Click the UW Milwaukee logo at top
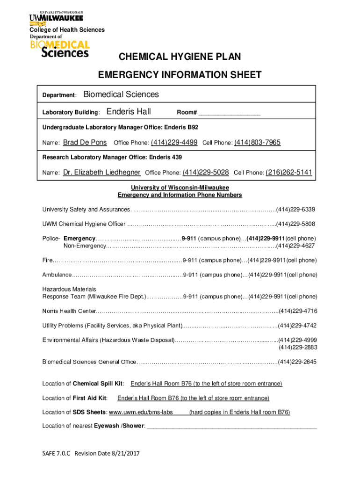pyautogui.click(x=56, y=16)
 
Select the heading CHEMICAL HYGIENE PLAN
pyautogui.click(x=180, y=57)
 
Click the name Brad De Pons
pyautogui.click(x=85, y=142)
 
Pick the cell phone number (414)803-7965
pyautogui.click(x=257, y=142)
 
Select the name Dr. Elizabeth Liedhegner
pyautogui.click(x=101, y=172)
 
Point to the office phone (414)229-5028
pyautogui.click(x=205, y=172)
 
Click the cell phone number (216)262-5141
pyautogui.click(x=288, y=172)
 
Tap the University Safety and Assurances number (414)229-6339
pyautogui.click(x=296, y=209)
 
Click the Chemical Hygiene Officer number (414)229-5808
pyautogui.click(x=296, y=224)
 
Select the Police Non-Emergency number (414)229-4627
pyautogui.click(x=296, y=246)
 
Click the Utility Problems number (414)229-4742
pyautogui.click(x=297, y=326)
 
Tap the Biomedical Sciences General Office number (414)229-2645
pyautogui.click(x=297, y=362)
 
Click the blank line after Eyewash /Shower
pyautogui.click(x=231, y=426)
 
